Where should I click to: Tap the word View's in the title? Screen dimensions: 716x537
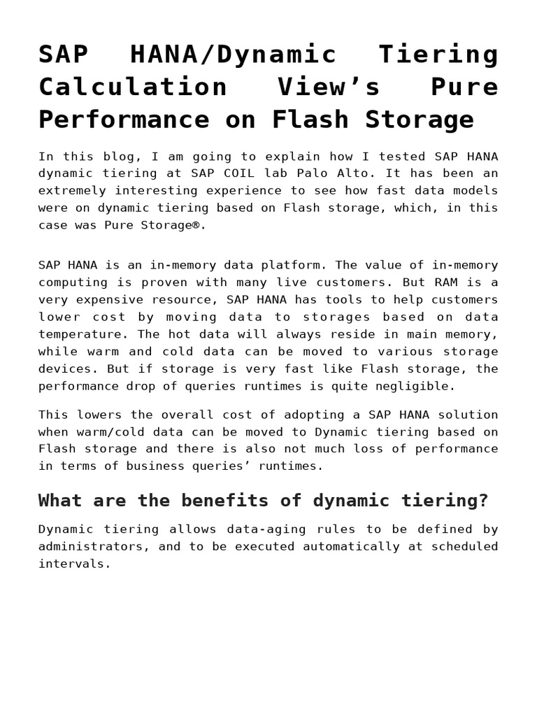click(329, 87)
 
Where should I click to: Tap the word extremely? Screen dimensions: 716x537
click(73, 190)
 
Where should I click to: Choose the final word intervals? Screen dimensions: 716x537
click(73, 564)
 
